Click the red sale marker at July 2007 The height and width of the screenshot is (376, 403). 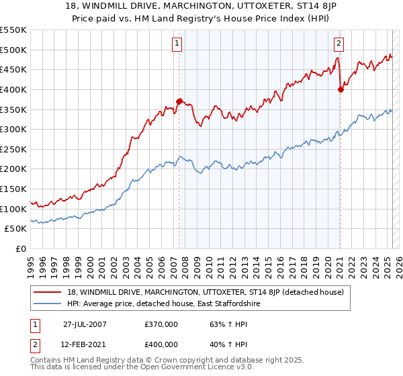(179, 101)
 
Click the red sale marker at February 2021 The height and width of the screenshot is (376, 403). (341, 89)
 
